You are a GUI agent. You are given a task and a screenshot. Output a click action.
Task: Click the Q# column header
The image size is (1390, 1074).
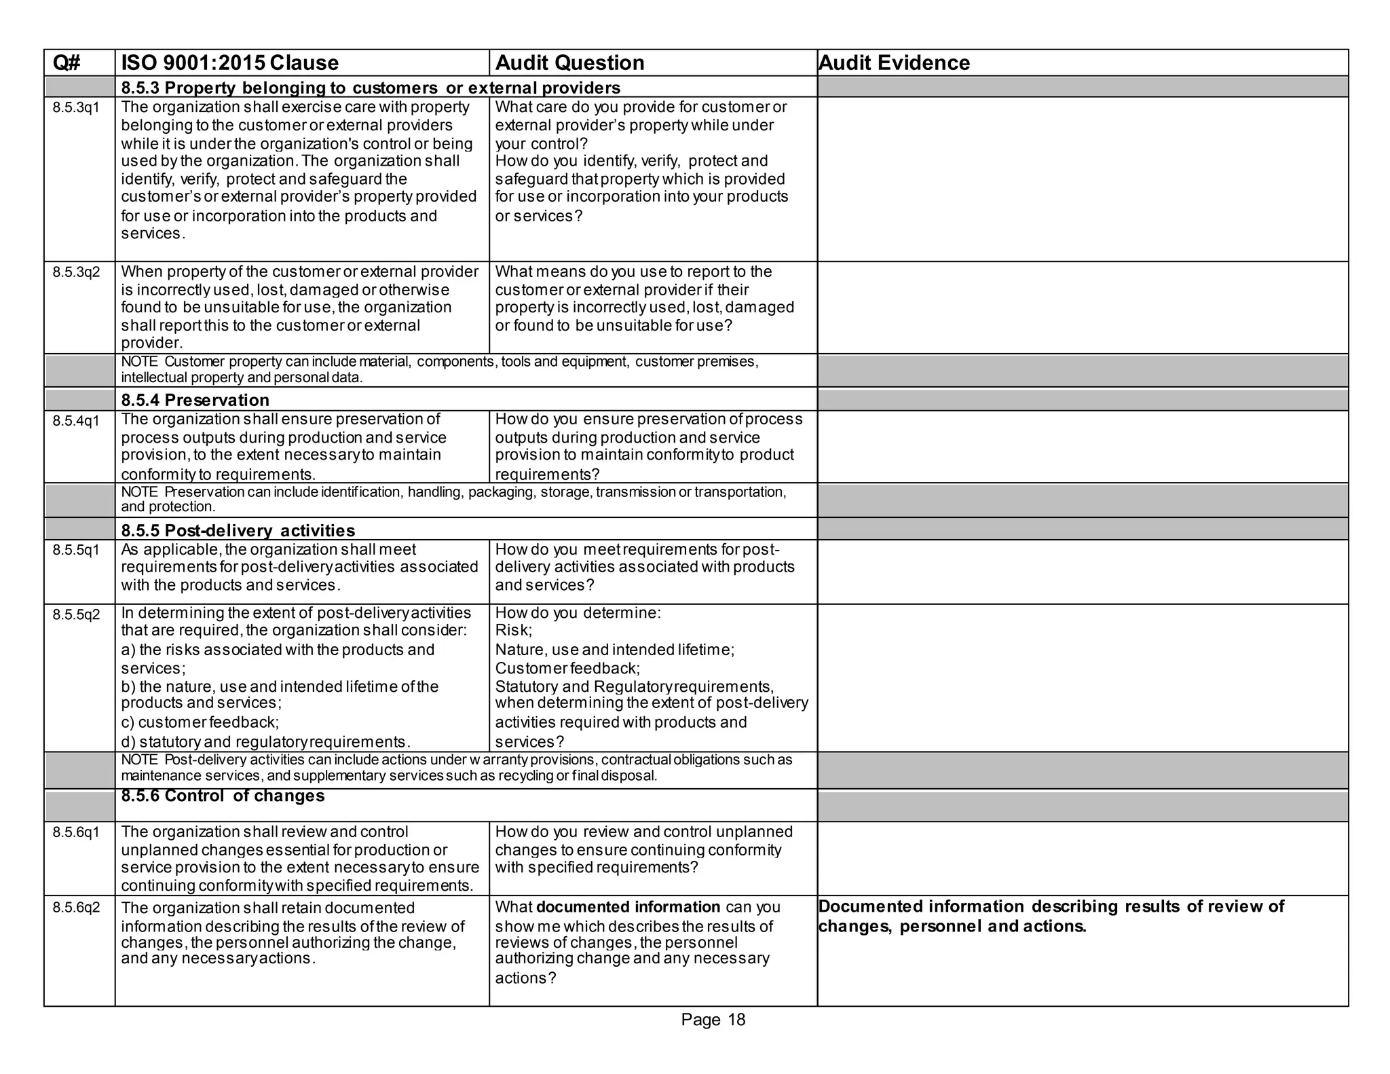coord(67,63)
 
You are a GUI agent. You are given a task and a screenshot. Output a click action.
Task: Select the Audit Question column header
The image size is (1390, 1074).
coord(569,63)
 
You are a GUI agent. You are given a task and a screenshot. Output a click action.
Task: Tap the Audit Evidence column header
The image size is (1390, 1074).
coord(894,63)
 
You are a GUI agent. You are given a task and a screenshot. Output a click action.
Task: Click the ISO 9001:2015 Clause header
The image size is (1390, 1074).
coord(229,63)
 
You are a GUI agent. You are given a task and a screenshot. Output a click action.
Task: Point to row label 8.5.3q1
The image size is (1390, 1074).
coord(76,108)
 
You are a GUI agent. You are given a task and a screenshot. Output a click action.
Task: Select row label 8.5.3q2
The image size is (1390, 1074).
coord(76,273)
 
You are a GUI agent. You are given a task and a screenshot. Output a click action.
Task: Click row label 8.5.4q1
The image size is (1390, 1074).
coord(76,421)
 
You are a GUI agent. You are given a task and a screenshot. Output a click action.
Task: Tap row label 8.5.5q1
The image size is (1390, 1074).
coord(76,550)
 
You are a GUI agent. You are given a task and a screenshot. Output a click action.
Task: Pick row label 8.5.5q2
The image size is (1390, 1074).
coord(76,614)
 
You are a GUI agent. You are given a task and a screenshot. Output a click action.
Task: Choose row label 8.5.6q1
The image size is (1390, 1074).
coord(76,832)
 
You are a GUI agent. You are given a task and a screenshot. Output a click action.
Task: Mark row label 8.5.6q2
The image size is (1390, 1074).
coord(76,908)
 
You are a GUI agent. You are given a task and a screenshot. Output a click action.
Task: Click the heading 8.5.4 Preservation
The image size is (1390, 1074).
coord(195,400)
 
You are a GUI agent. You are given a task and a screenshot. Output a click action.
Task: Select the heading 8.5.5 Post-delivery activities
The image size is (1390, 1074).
coord(238,530)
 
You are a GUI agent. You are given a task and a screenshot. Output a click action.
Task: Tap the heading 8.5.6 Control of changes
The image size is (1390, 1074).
coord(223,796)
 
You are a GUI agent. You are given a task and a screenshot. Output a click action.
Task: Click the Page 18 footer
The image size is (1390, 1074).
coord(713,1020)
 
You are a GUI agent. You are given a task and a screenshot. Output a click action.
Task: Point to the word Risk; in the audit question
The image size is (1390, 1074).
coord(513,631)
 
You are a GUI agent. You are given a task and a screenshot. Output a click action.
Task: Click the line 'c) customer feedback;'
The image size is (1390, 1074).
coord(200,722)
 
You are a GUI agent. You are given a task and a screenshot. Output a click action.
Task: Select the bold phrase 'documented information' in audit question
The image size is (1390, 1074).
coord(628,908)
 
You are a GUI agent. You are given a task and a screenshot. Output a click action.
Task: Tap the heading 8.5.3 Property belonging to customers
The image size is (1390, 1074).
coord(370,88)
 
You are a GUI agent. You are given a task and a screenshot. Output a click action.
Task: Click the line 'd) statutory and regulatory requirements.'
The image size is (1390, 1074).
coord(265,742)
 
